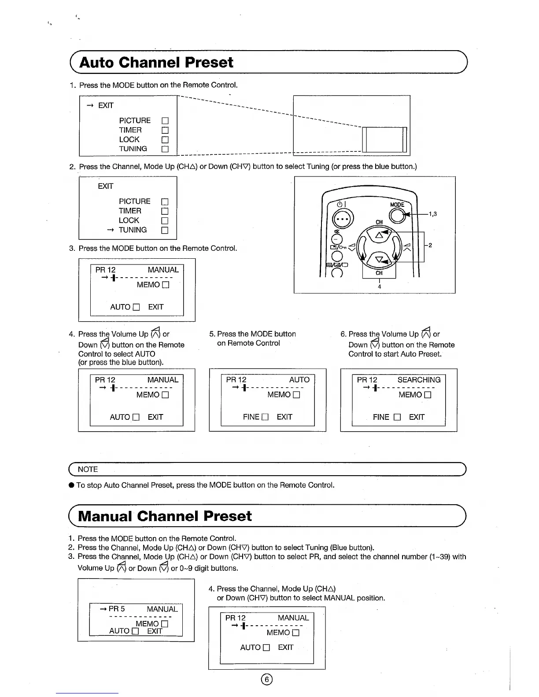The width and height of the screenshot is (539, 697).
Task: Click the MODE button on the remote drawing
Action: pyautogui.click(x=397, y=215)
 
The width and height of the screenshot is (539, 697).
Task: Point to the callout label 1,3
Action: pyautogui.click(x=432, y=214)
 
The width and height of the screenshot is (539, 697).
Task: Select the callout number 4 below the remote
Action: pyautogui.click(x=379, y=287)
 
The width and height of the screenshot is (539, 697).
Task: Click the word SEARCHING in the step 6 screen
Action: pyautogui.click(x=419, y=380)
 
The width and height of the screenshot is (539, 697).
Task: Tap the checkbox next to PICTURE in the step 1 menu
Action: pyautogui.click(x=165, y=121)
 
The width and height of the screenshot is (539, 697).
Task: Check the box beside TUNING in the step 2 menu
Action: pyautogui.click(x=165, y=230)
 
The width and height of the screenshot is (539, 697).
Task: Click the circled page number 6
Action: pyautogui.click(x=267, y=679)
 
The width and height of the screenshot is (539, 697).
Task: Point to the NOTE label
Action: pyautogui.click(x=88, y=470)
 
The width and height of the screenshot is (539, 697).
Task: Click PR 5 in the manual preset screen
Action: pyautogui.click(x=117, y=609)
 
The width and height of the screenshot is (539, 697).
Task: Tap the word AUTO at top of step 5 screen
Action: pyautogui.click(x=299, y=380)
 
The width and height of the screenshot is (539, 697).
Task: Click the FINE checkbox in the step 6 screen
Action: pyautogui.click(x=397, y=417)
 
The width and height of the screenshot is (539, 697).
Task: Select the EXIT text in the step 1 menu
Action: pyautogui.click(x=106, y=106)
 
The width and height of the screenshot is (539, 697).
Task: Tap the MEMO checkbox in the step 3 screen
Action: pyautogui.click(x=166, y=285)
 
